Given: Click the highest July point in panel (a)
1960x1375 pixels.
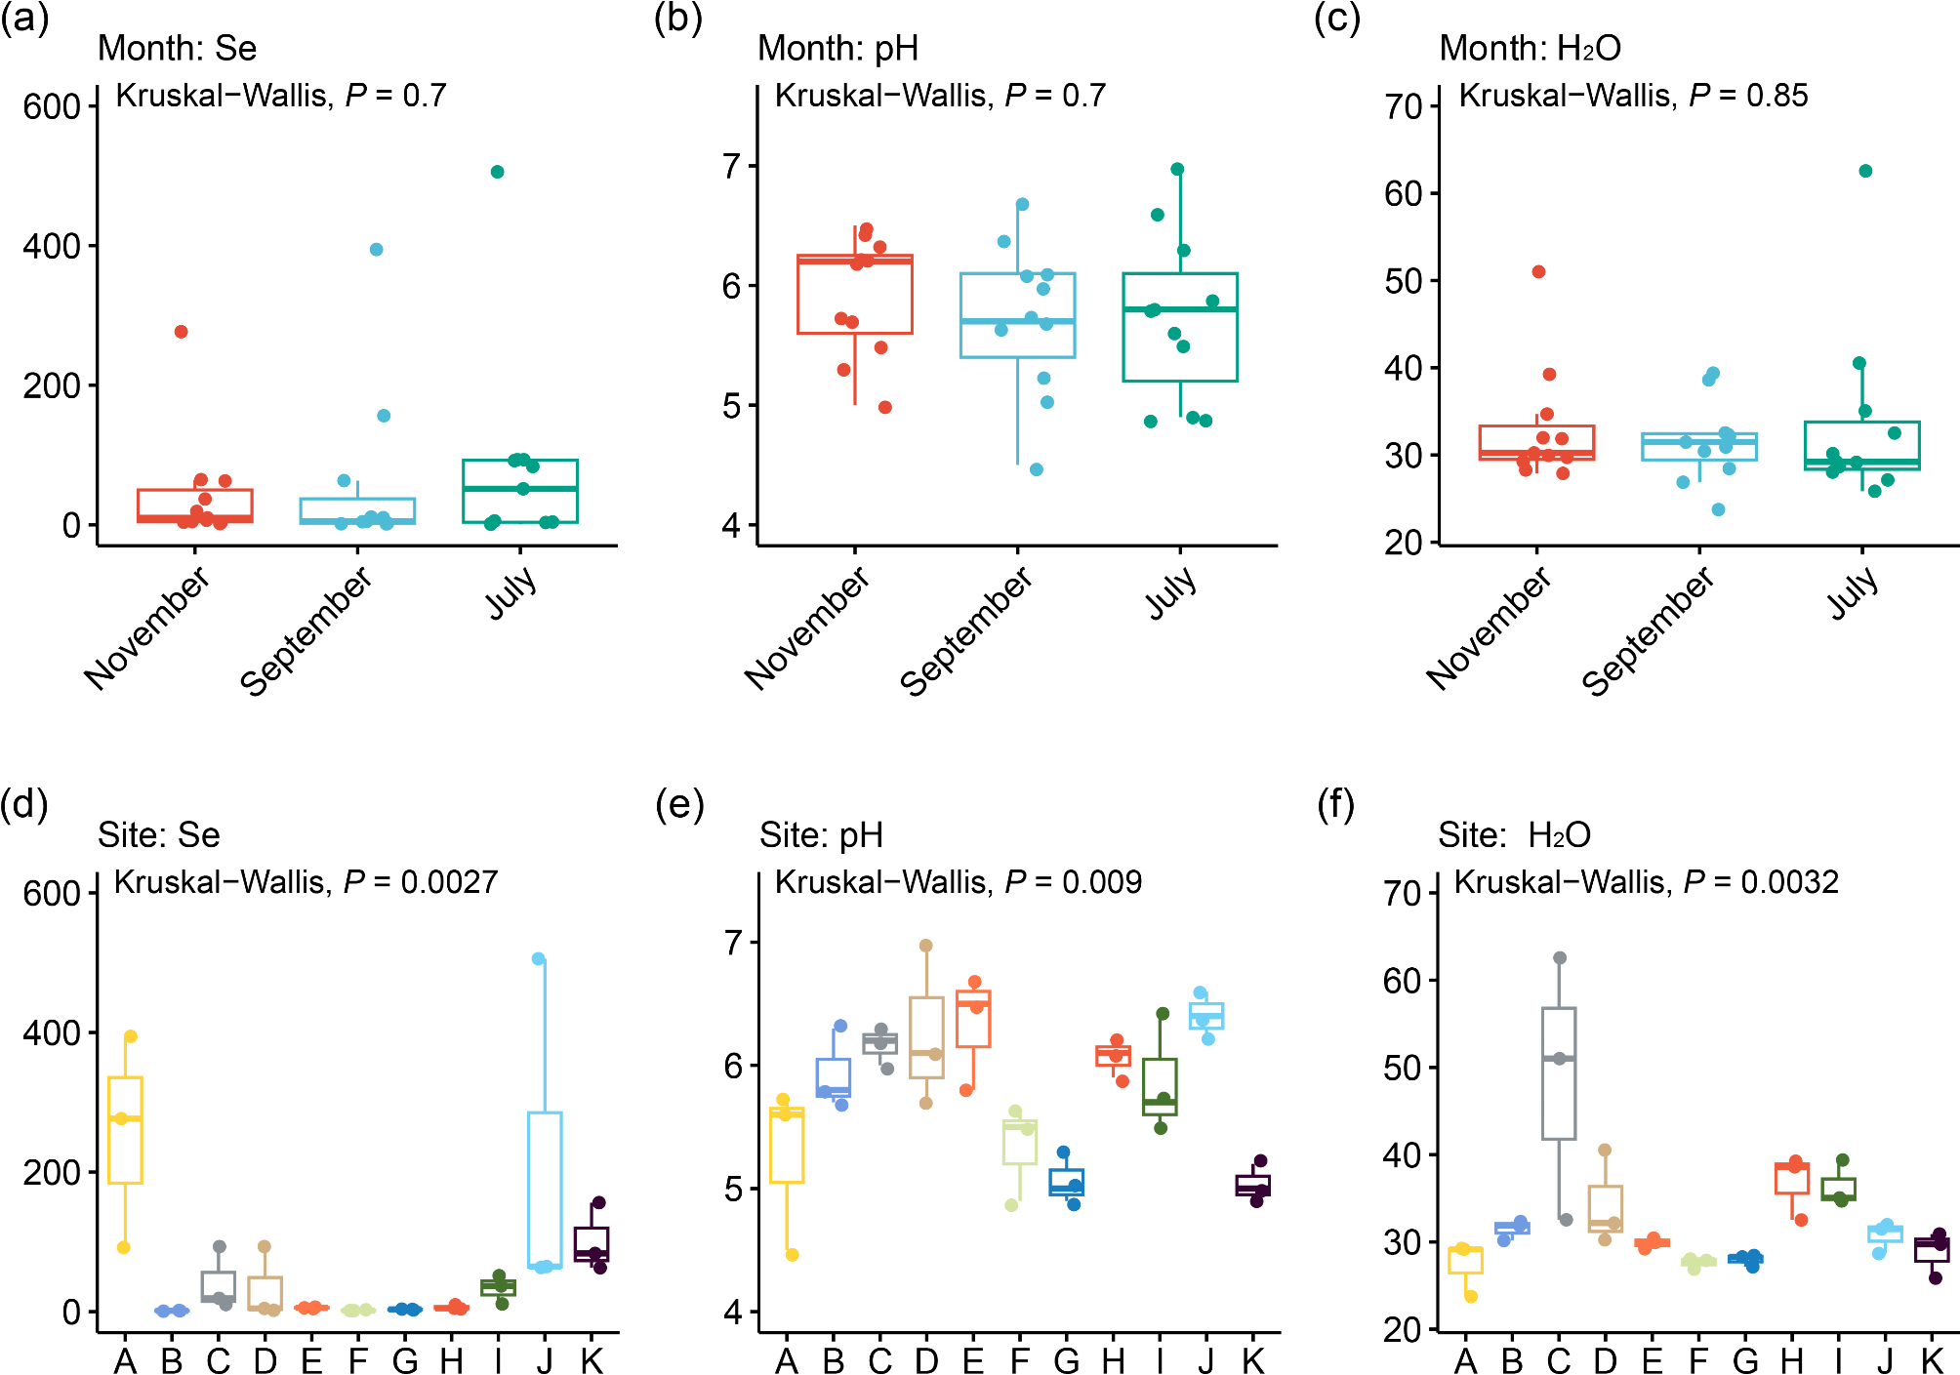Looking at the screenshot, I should pos(497,172).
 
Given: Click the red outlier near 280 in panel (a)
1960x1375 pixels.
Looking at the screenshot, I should pos(182,332).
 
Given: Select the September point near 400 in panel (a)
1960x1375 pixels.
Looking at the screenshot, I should pos(377,250).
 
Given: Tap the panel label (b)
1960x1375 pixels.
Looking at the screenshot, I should pos(678,19).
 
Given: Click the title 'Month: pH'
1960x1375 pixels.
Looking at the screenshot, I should pos(837,48).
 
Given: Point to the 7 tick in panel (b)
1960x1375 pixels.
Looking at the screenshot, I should pos(732,167).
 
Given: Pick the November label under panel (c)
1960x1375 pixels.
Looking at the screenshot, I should pos(1488,629).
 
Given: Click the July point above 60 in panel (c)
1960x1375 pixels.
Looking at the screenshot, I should pos(1865,172).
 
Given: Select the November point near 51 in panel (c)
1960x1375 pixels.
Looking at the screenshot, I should pos(1538,272).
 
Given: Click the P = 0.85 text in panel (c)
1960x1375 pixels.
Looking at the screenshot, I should pos(1748,96).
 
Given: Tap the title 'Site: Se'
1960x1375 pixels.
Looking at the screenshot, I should pos(159,835).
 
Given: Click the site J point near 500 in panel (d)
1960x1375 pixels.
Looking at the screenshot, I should pos(539,959).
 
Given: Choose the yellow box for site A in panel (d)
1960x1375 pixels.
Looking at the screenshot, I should pos(125,1130).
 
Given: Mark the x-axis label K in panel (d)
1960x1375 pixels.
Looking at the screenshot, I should pos(592,1360).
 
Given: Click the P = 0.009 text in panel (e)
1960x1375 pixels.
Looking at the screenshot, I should pos(1073,882).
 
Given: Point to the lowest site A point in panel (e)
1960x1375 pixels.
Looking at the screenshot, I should pos(793,1255).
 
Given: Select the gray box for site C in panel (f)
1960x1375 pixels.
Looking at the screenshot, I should pos(1559,1073).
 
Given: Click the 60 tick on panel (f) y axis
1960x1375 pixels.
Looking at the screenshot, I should pos(1404,981).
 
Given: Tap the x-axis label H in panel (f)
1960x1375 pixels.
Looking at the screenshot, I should pos(1792,1360).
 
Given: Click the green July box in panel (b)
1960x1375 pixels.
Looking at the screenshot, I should pos(1180,327).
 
